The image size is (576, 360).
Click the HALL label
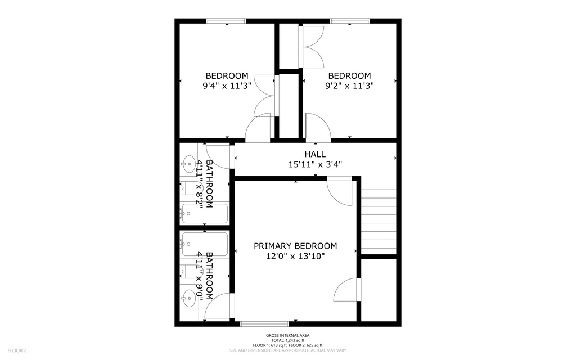[x=315, y=154]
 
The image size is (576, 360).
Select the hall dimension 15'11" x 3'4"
[x=315, y=164]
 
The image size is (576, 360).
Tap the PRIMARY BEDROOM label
[x=295, y=246]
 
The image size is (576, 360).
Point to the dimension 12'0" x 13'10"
[x=295, y=256]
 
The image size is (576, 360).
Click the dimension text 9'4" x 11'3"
[x=227, y=86]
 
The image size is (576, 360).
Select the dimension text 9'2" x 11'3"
[x=349, y=86]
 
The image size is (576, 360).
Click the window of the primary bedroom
[x=264, y=323]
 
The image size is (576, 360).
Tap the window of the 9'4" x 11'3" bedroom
[x=226, y=21]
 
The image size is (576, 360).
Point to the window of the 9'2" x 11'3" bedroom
[x=349, y=21]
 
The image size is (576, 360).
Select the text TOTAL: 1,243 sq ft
[x=287, y=340]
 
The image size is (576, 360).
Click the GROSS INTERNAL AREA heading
[x=287, y=335]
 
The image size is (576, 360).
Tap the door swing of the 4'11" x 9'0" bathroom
[x=220, y=307]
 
